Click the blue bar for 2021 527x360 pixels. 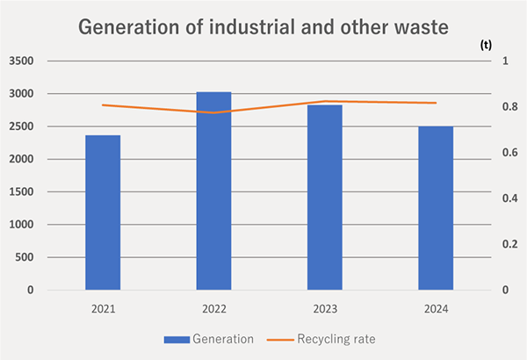[103, 212]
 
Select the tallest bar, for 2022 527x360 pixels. [213, 191]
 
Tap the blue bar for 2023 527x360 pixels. [324, 197]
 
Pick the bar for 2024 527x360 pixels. [435, 208]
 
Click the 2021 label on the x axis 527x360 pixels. [103, 309]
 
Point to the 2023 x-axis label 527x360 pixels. [324, 309]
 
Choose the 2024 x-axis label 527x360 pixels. [435, 309]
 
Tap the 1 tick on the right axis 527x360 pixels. [504, 61]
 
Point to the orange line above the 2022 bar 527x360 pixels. [213, 112]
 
